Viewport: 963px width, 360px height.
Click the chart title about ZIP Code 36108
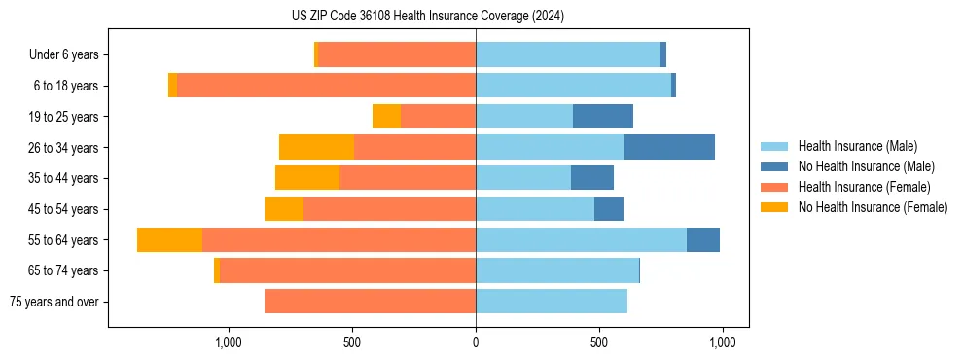[428, 17]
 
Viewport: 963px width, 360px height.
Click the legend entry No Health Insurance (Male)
[866, 166]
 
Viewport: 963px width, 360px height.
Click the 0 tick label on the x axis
[476, 342]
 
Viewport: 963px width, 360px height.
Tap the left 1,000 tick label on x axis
[229, 342]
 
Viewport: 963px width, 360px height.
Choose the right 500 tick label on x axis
[599, 342]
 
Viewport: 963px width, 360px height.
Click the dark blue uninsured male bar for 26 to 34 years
[669, 147]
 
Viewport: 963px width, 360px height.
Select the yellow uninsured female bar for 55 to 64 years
[169, 239]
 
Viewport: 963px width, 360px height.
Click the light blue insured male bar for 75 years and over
[552, 302]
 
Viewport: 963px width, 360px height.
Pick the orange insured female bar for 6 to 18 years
[327, 86]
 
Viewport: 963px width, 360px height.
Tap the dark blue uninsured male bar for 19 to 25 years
[603, 117]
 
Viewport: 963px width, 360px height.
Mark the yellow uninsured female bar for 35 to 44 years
[307, 178]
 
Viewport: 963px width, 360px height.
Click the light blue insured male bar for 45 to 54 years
[535, 209]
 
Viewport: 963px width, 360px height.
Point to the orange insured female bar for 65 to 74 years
[347, 270]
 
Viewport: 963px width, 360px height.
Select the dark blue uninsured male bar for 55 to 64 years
[703, 239]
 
